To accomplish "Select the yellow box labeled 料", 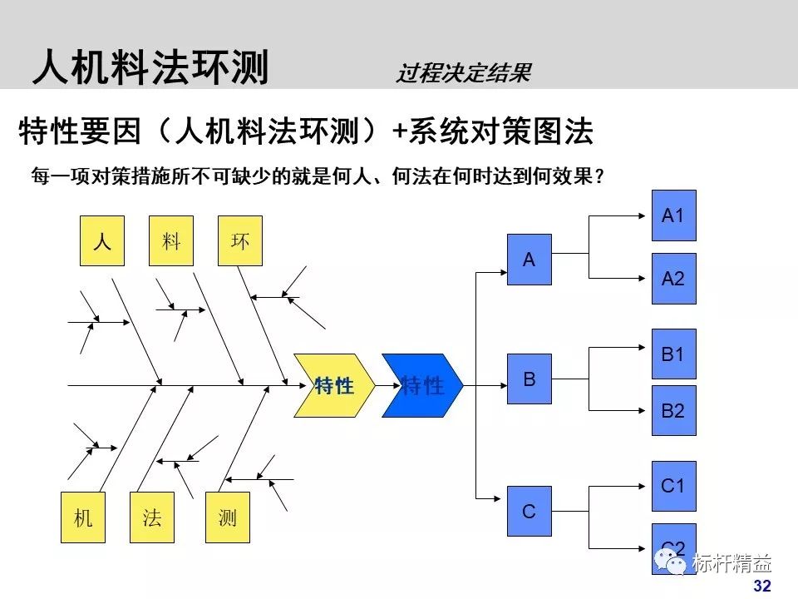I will point(171,241).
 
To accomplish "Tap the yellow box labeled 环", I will point(240,241).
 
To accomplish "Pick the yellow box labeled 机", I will point(83,517).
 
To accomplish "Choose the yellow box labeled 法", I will point(152,517).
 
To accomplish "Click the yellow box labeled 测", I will point(227,517).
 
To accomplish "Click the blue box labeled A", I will point(530,260).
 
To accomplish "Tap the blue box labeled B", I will point(530,379).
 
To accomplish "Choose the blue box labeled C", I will point(530,511).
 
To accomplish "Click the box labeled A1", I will point(673,215).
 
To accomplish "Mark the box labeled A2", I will point(673,279).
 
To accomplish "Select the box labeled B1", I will point(673,354).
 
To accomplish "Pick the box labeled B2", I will point(673,410).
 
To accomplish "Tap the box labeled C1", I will point(673,486).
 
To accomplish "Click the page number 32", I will point(761,586).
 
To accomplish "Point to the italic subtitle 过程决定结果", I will point(462,74).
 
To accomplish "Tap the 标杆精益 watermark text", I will point(731,564).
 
